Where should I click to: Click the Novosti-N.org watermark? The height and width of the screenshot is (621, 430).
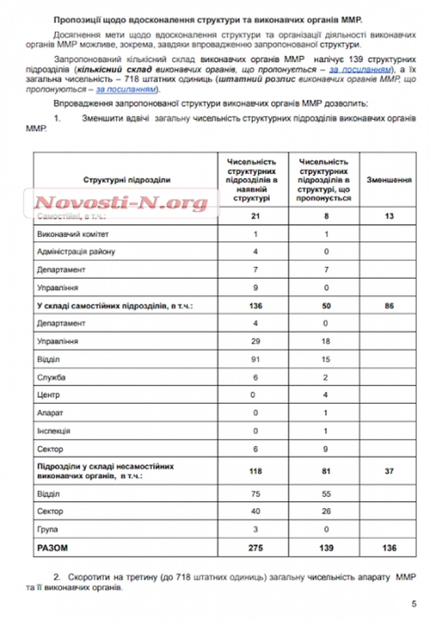click(x=121, y=203)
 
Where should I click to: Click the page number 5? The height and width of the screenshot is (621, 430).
click(x=414, y=604)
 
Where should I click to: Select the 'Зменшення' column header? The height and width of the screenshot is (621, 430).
click(x=389, y=180)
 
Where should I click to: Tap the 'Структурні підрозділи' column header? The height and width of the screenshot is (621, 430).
click(x=126, y=180)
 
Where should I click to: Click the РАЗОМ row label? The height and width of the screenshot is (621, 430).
click(x=52, y=548)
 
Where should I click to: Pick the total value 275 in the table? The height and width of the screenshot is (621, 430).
click(x=255, y=548)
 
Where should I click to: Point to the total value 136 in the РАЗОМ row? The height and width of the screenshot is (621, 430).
click(x=389, y=548)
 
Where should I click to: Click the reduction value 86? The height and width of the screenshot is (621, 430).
click(x=389, y=306)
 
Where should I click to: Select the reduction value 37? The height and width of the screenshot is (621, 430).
click(x=389, y=471)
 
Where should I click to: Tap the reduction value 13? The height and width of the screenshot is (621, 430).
click(x=389, y=216)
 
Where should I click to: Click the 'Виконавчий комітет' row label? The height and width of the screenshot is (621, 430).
click(x=73, y=234)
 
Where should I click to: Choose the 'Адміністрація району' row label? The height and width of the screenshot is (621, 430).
click(x=76, y=252)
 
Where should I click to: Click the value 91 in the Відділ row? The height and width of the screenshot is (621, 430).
click(x=255, y=359)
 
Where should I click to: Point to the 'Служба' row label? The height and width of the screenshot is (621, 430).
click(x=51, y=377)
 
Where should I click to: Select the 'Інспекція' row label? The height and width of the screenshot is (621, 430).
click(x=54, y=431)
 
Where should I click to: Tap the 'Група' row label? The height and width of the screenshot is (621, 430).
click(x=47, y=530)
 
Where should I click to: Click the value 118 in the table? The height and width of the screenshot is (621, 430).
click(x=255, y=471)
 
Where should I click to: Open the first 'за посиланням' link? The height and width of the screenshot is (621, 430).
click(x=360, y=69)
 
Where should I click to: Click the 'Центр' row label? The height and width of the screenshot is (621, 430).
click(x=48, y=395)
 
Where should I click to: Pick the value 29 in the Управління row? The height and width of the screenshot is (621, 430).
click(x=255, y=341)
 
